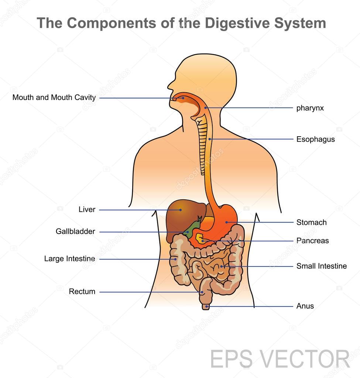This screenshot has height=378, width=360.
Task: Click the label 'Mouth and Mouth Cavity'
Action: point(54,97)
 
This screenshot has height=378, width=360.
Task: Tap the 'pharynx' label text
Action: point(310,108)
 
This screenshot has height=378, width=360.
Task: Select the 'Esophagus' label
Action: point(315,139)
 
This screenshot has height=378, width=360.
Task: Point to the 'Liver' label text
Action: point(87,209)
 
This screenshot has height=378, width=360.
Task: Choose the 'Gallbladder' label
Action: point(75,231)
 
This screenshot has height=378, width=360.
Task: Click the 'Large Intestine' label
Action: point(69,259)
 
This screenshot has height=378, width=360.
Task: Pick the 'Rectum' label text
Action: point(82,292)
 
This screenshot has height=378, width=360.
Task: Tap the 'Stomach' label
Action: point(311,222)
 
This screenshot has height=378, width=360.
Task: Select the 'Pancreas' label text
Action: point(312,241)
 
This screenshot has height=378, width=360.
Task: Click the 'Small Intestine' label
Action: point(322,266)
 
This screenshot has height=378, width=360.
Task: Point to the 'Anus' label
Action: point(305,306)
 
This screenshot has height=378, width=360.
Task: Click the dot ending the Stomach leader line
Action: point(226,222)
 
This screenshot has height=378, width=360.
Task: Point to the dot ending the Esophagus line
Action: point(210,139)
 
